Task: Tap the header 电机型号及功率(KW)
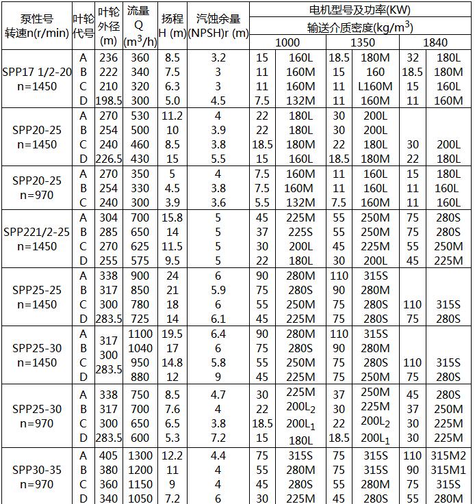(362, 10)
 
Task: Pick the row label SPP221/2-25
(37, 232)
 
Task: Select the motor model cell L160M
(374, 86)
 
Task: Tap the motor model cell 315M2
(448, 455)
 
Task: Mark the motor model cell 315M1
(448, 470)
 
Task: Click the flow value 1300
(140, 455)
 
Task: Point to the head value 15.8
(172, 217)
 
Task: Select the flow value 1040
(140, 348)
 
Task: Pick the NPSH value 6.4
(218, 334)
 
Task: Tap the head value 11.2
(172, 116)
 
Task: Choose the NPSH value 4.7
(218, 395)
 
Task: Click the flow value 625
(140, 246)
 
